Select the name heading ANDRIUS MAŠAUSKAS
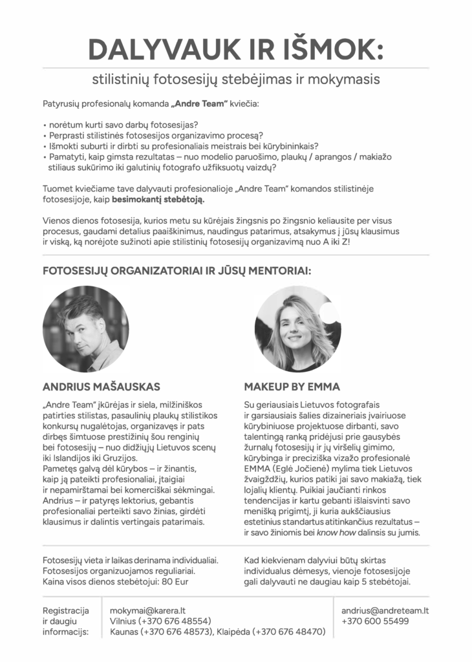(101, 387)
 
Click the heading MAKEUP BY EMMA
(292, 387)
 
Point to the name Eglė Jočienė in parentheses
(308, 468)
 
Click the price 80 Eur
(176, 581)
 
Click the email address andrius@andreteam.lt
(386, 610)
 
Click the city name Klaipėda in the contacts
(236, 632)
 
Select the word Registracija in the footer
(65, 610)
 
